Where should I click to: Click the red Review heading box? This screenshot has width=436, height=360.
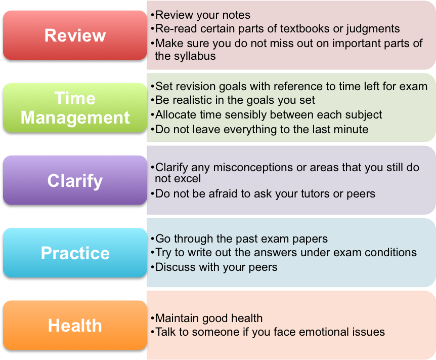point(75,35)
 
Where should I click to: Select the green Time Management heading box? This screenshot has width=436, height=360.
point(75,108)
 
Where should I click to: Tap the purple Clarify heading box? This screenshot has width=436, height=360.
point(75,180)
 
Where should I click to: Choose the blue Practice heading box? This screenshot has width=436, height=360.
point(75,253)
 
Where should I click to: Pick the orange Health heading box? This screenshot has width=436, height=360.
point(75,325)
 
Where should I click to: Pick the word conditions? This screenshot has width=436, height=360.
point(387,252)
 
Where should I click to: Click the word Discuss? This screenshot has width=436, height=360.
point(176,267)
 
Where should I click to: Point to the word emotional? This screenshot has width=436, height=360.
point(318,332)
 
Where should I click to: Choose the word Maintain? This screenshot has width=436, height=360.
point(177,318)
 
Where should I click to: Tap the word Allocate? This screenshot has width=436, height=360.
point(177,115)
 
